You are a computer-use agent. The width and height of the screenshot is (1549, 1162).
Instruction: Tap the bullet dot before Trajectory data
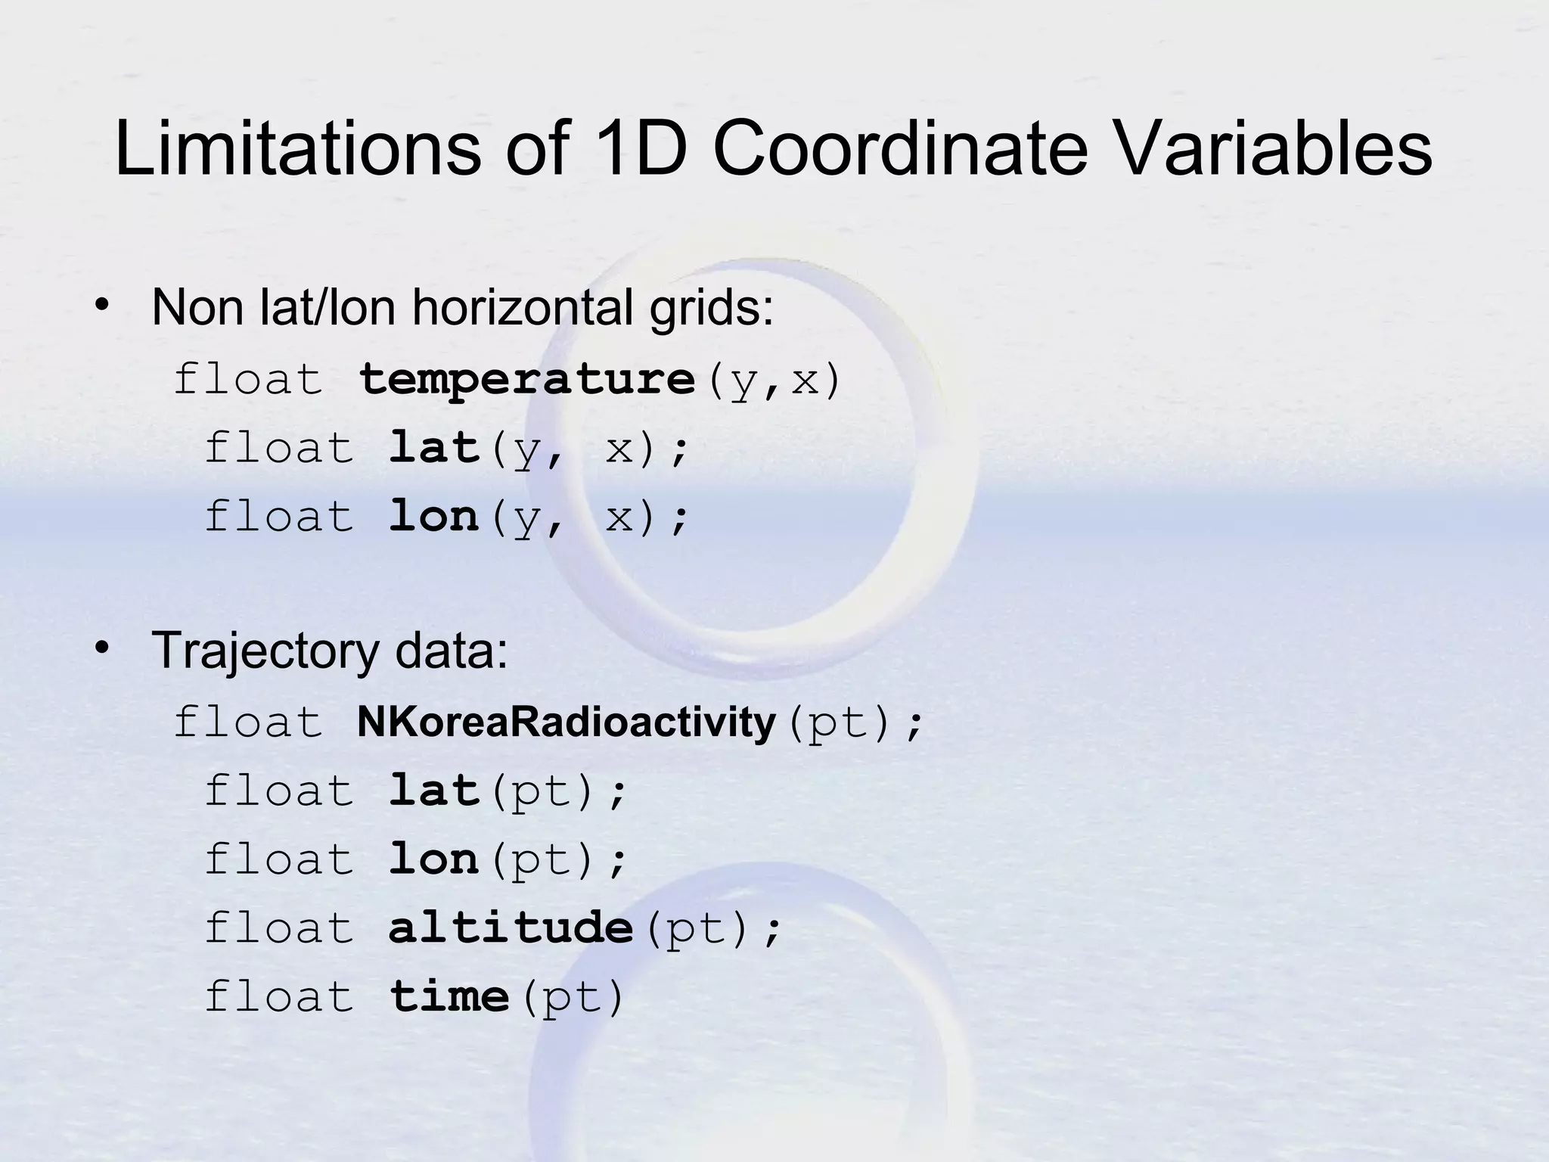click(101, 648)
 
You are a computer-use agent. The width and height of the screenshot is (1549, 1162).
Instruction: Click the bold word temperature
click(526, 379)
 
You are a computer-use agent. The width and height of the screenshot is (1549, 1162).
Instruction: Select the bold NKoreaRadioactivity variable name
click(566, 722)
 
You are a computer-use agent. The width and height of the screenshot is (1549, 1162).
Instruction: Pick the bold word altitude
click(511, 927)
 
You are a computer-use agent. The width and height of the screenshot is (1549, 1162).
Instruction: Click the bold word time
click(449, 996)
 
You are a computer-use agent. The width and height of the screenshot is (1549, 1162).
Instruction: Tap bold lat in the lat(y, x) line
click(435, 448)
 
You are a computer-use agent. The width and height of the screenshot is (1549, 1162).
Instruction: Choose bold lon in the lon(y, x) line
click(434, 517)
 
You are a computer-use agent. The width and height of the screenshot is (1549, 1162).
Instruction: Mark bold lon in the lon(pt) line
click(434, 859)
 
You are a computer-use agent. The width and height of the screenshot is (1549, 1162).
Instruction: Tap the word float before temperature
click(248, 379)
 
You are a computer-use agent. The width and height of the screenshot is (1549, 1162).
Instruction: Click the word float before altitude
click(279, 927)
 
